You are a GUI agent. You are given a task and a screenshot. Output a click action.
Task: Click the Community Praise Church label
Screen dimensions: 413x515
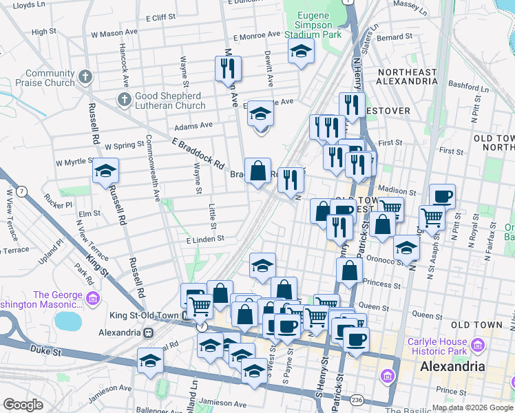pos(49,78)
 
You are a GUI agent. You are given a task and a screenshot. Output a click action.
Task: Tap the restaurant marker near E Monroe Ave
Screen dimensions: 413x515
pos(227,68)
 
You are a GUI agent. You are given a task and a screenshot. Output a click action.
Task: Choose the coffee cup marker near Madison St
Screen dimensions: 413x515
pos(442,196)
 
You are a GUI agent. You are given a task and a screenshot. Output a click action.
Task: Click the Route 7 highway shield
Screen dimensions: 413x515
pos(22,191)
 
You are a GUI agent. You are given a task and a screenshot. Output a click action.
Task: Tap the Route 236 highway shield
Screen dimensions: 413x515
pos(355,400)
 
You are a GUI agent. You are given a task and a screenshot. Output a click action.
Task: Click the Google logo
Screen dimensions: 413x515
pos(23,405)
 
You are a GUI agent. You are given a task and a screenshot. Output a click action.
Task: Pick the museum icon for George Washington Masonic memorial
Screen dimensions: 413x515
pos(94,298)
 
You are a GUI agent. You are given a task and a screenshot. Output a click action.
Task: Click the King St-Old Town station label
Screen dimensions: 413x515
pos(144,316)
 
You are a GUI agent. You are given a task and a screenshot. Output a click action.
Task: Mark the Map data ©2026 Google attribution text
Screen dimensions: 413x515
pos(472,407)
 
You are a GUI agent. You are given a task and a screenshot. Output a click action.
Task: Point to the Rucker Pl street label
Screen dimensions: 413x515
pos(59,204)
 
